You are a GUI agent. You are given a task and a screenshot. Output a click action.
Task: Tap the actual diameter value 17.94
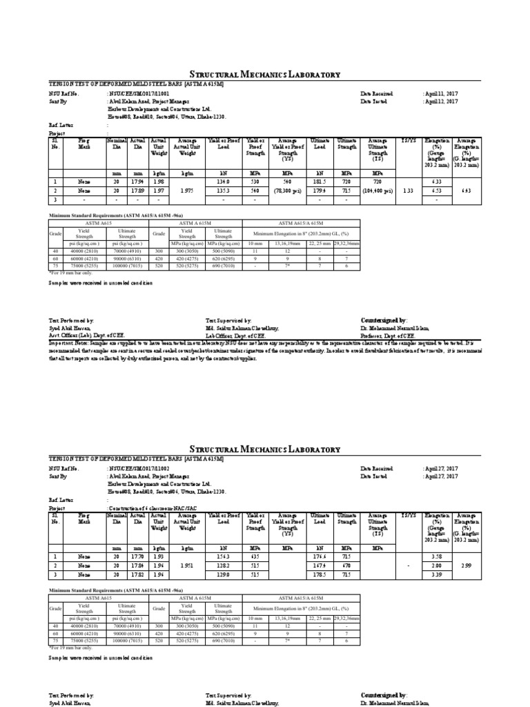139,182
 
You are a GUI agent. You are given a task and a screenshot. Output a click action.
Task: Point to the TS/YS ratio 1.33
407,191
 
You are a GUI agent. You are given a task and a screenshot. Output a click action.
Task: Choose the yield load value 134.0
223,182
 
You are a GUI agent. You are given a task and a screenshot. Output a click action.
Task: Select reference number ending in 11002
138,468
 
